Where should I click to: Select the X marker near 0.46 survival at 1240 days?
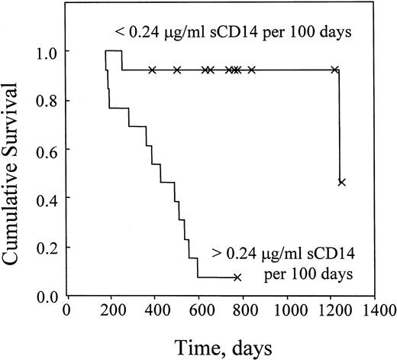341,182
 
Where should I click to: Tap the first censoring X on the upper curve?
153,70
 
